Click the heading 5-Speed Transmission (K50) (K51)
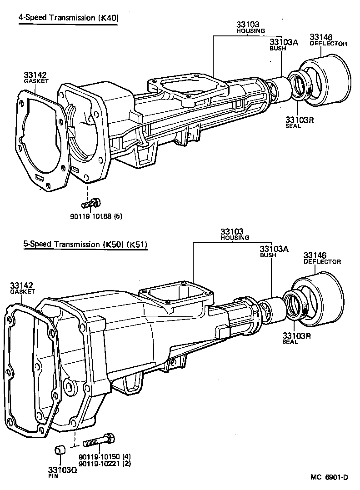pos(85,244)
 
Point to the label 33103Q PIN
pos(62,473)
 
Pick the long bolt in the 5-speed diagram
pos(98,440)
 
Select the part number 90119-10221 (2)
pos(105,463)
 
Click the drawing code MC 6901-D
pos(329,477)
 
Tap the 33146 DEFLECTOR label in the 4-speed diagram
pos(328,40)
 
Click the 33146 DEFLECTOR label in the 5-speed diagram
pos(322,258)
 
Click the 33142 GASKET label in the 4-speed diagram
pos(35,77)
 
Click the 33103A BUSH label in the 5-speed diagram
pos(274,252)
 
